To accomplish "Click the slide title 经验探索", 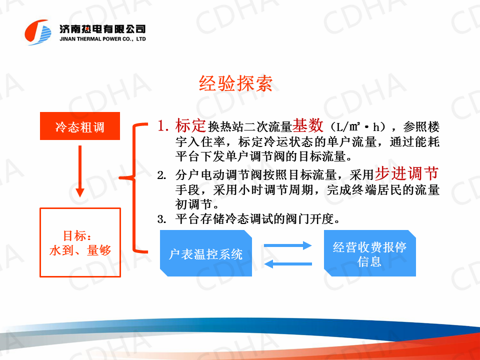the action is pos(235,83).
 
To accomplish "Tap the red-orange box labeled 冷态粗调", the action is pos(80,126).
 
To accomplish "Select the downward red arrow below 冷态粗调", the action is pos(80,171).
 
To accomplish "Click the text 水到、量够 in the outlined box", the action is pos(80,250).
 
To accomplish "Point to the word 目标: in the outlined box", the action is pos(77,235).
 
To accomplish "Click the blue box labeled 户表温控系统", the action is pos(205,253).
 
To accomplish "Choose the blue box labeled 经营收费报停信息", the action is pos(370,253).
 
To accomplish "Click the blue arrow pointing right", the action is pos(288,245).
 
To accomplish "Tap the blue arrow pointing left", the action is pos(288,263).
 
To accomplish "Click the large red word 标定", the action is pos(190,125).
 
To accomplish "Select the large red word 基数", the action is pos(307,125).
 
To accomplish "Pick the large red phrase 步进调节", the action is pos(407,173).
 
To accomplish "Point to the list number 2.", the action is pos(161,175).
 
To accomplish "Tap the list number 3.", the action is pos(161,219).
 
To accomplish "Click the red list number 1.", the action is pos(163,126).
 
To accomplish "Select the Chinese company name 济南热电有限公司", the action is pos(102,29).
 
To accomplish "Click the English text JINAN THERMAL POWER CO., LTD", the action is pos(102,39).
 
